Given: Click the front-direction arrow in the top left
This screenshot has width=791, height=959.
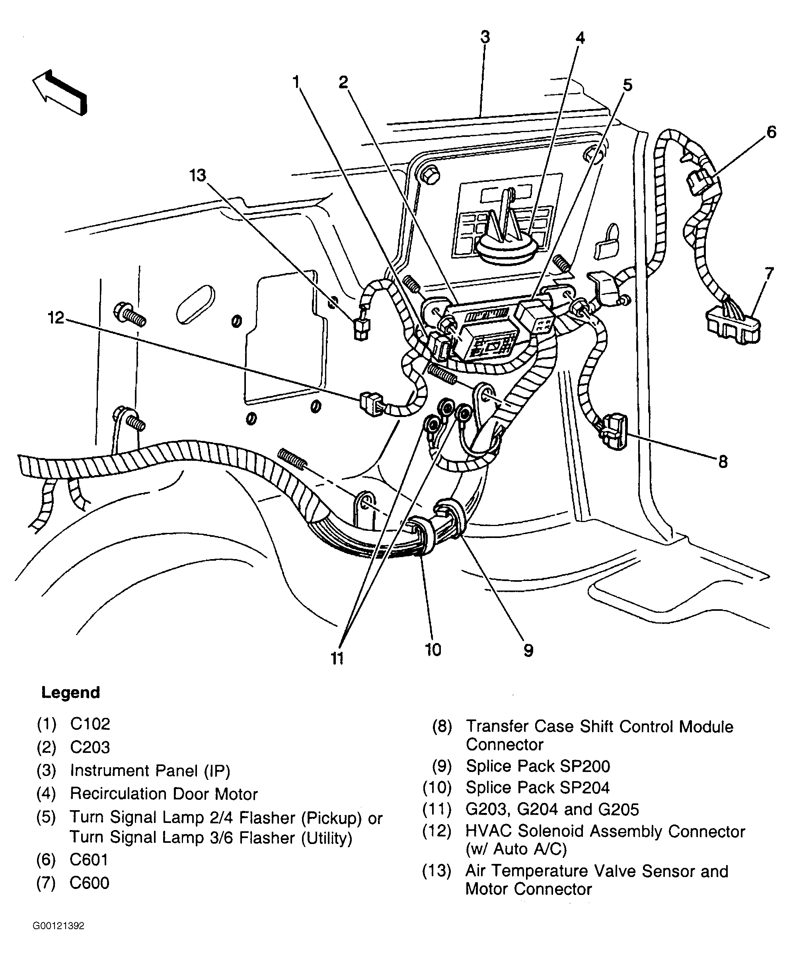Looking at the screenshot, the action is click(x=59, y=92).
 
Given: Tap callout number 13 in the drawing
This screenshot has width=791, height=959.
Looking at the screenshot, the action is click(x=198, y=175).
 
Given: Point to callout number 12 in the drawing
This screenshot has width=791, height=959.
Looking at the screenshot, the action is click(x=56, y=318).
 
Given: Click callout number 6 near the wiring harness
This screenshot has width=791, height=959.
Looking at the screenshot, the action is click(x=771, y=132).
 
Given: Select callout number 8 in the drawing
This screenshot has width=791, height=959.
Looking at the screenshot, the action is click(x=723, y=462).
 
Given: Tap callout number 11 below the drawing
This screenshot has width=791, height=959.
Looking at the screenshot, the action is click(x=337, y=658).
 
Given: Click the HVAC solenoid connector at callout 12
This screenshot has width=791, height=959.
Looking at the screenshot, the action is click(x=372, y=403).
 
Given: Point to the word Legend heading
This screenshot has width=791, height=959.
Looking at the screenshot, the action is click(x=71, y=692).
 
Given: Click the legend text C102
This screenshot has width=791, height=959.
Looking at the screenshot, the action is click(x=90, y=724).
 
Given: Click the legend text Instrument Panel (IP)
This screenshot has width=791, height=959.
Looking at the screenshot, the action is click(x=150, y=771).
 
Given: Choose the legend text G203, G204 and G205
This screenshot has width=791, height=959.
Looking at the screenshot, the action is click(x=552, y=809).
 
